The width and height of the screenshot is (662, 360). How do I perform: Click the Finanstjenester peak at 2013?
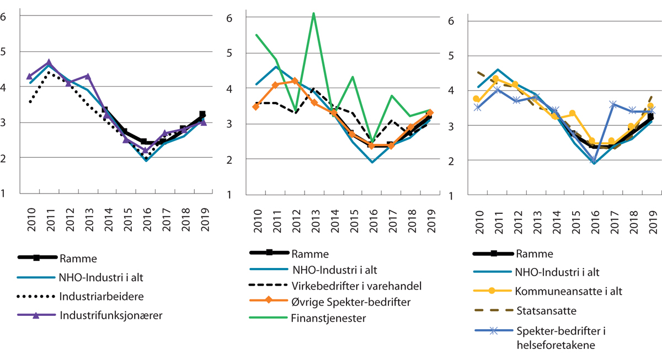click(x=314, y=13)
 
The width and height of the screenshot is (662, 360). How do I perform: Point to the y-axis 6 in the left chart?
click(x=5, y=16)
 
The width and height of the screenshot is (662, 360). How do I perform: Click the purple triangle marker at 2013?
click(x=88, y=76)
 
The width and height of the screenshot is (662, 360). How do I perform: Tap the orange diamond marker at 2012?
click(x=295, y=81)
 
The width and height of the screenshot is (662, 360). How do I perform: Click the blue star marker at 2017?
click(x=612, y=104)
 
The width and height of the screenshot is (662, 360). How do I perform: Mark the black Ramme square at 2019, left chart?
click(x=202, y=114)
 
